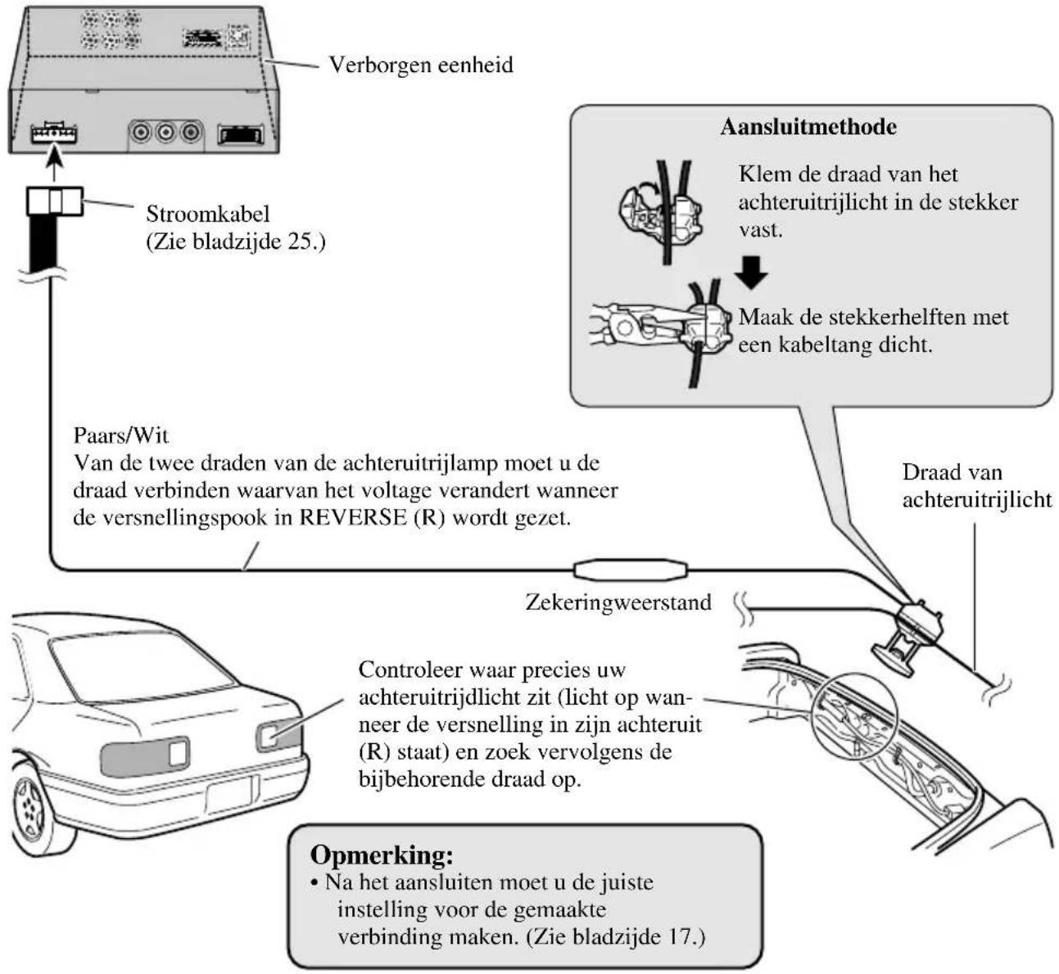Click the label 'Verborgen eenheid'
coord(420,65)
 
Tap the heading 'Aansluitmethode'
coord(808,127)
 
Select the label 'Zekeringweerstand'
coord(618,603)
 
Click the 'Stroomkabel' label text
coord(208,214)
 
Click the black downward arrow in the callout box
coord(750,273)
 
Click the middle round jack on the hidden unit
coord(166,131)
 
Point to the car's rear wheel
coord(33,806)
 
